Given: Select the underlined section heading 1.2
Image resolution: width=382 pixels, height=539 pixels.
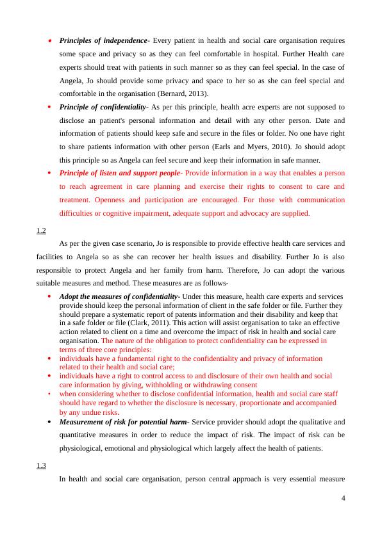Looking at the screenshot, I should pos(41,230).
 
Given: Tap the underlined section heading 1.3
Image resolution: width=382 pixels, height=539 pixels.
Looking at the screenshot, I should pos(41,465).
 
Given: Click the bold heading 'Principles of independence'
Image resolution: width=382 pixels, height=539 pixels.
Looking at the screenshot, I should pos(103,40).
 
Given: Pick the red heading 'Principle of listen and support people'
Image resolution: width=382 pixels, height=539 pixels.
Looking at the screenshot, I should pos(120,173).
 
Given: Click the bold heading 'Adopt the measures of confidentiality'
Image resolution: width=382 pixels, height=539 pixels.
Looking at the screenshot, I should pos(118,297).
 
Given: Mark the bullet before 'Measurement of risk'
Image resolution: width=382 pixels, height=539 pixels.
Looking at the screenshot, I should pos(50,422).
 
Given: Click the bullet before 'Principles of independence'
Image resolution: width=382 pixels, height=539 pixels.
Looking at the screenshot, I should pos(50,40).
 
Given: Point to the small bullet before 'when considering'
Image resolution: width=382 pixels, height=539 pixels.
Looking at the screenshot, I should pos(50,394).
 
